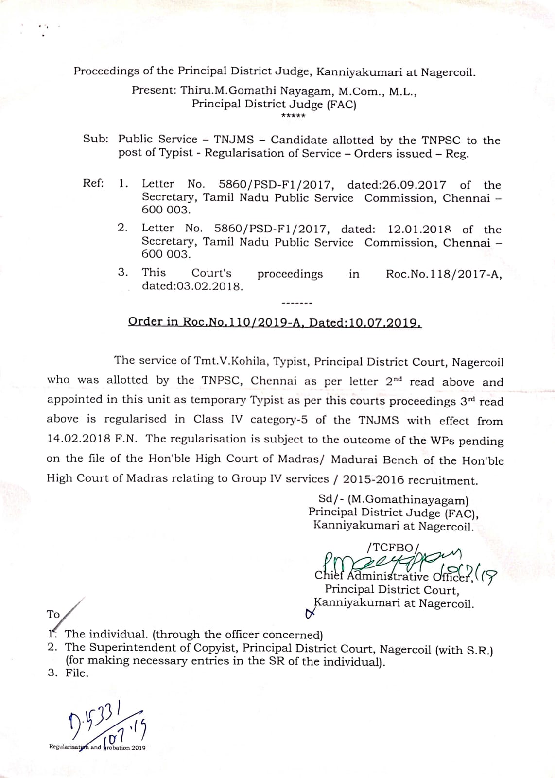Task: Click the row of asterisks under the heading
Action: click(x=293, y=116)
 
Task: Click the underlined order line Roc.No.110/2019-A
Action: click(x=275, y=322)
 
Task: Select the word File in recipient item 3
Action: click(x=76, y=673)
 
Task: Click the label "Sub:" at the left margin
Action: click(x=96, y=139)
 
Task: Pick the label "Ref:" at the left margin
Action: click(x=93, y=183)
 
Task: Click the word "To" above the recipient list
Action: click(x=53, y=614)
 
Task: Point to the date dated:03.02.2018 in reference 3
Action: click(x=192, y=286)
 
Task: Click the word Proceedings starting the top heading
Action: click(x=106, y=71)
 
